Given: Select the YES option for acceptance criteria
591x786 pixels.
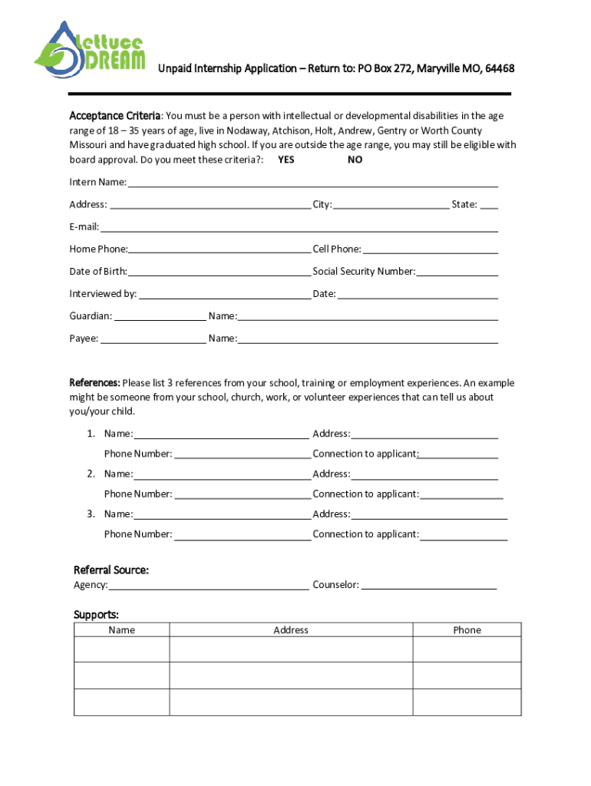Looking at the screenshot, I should (x=286, y=160).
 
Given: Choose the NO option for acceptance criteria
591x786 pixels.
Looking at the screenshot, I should (x=355, y=160).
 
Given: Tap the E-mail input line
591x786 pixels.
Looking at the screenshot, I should (x=299, y=227).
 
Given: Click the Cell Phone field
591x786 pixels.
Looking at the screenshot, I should (x=430, y=249).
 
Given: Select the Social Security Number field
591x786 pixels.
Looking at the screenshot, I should (x=457, y=272).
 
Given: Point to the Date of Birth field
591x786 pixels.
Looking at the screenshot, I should (x=220, y=272).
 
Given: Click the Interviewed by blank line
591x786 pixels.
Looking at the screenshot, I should (x=225, y=294).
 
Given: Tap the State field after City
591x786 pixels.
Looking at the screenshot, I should (x=489, y=205).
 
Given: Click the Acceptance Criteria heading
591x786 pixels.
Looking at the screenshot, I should (x=115, y=116).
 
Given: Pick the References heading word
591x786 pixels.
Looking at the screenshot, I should (x=94, y=383).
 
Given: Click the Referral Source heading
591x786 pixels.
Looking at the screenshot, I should (x=111, y=570).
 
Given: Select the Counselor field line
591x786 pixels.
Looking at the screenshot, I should (x=428, y=586).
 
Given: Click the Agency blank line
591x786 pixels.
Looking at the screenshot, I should (x=209, y=586).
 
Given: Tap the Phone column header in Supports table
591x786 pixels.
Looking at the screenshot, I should (x=467, y=630).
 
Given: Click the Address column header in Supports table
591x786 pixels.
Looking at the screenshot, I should (x=291, y=630).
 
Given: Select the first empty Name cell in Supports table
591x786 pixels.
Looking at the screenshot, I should (x=121, y=649).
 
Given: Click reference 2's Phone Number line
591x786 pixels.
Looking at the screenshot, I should (x=243, y=494).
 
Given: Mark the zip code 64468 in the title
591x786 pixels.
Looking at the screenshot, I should (x=497, y=69).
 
